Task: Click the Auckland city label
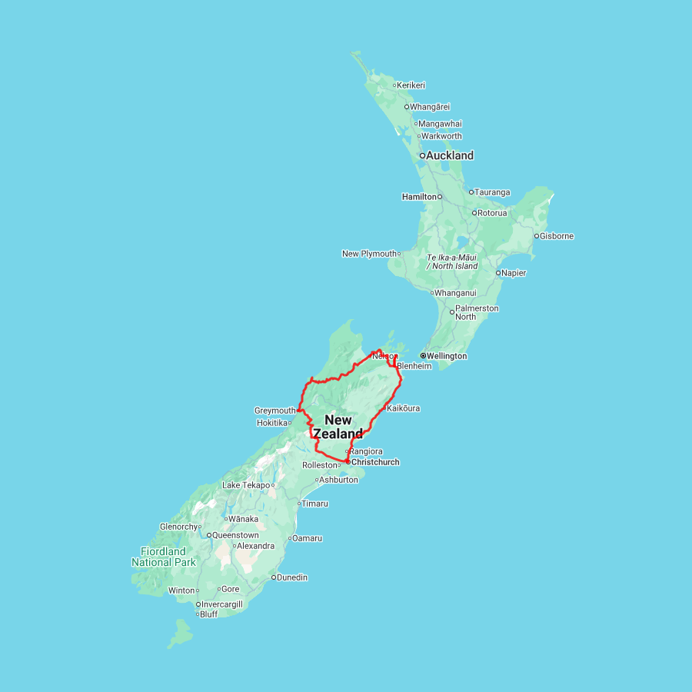point(450,155)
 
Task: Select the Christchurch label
point(375,462)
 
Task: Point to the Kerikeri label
point(411,85)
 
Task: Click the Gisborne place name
point(557,236)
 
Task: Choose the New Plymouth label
point(369,254)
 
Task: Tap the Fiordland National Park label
point(163,557)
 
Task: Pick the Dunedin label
point(292,577)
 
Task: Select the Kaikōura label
point(404,408)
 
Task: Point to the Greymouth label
point(274,411)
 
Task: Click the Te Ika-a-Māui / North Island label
point(452,261)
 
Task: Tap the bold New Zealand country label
point(338,427)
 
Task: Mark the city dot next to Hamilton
point(441,197)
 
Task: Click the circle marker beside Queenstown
point(208,535)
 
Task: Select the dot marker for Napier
point(498,273)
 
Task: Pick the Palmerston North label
point(476,312)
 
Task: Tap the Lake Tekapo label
point(246,485)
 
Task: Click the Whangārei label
point(430,107)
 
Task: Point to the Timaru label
point(314,504)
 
